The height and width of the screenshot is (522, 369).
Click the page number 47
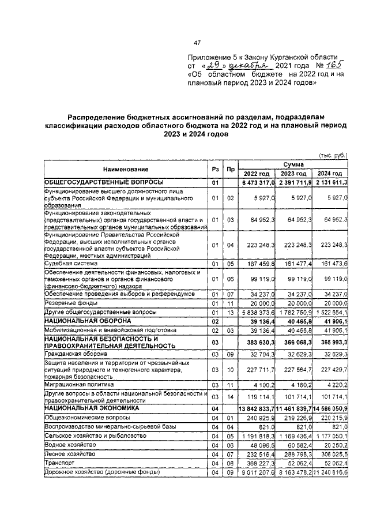pyautogui.click(x=197, y=43)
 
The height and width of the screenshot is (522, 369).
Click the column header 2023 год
pyautogui.click(x=293, y=174)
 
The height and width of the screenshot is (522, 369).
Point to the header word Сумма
pyautogui.click(x=293, y=164)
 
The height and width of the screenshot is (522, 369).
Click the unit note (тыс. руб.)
pyautogui.click(x=333, y=155)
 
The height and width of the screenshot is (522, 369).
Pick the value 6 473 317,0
pyautogui.click(x=257, y=183)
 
